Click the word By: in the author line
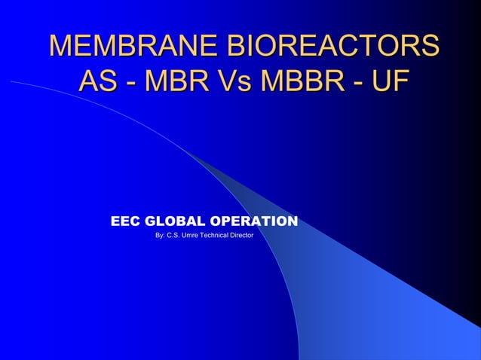[x=160, y=236]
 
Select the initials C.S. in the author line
[x=177, y=236]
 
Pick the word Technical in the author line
[x=222, y=236]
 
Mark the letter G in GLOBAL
[x=150, y=221]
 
